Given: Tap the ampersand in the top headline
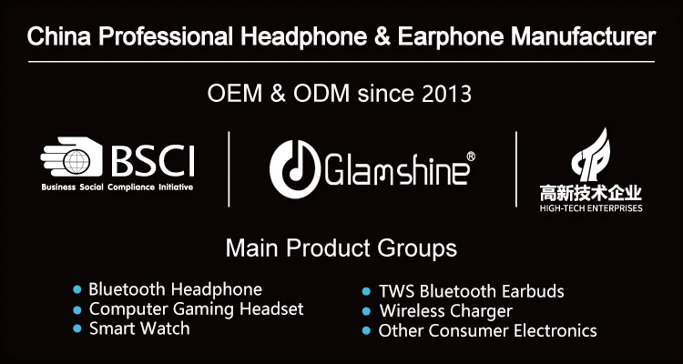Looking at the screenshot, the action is [x=382, y=36].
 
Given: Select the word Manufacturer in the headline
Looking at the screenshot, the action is [x=583, y=36].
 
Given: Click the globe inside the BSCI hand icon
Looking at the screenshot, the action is [x=76, y=162].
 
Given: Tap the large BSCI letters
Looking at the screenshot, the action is [x=152, y=161].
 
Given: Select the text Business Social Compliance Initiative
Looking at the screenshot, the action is [x=117, y=187].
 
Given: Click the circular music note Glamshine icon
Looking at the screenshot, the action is [x=295, y=169].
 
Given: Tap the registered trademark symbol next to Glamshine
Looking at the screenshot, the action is [x=471, y=157].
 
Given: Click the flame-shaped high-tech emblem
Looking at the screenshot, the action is [x=591, y=155].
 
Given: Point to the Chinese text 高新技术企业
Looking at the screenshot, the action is [x=591, y=193].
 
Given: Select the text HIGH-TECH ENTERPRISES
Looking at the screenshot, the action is [x=591, y=208].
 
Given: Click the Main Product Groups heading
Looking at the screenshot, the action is [x=341, y=248].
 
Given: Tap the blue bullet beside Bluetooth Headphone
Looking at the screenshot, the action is [x=77, y=289].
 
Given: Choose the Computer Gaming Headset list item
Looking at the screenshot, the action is [x=196, y=309].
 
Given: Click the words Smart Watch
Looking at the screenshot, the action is [x=139, y=329].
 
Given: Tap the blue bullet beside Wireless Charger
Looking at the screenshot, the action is [x=366, y=311].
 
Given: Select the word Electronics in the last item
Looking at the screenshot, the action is [x=555, y=330].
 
